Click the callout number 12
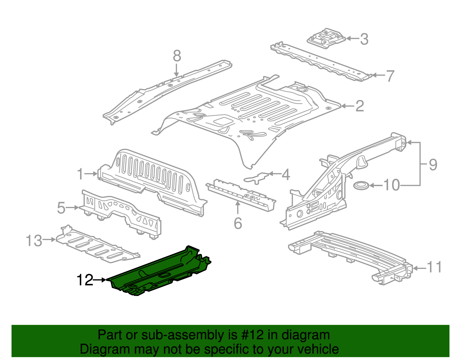click(x=85, y=280)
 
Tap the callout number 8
click(x=177, y=56)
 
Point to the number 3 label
click(x=364, y=39)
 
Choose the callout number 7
click(x=390, y=76)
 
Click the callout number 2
click(x=360, y=106)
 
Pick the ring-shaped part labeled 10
click(x=361, y=186)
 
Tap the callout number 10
click(x=392, y=185)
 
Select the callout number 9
click(x=433, y=165)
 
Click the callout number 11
click(x=434, y=267)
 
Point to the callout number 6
click(x=238, y=223)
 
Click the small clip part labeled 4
click(x=256, y=177)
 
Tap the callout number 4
click(x=285, y=175)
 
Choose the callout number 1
click(x=80, y=174)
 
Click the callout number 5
click(x=61, y=208)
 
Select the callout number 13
click(x=34, y=240)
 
